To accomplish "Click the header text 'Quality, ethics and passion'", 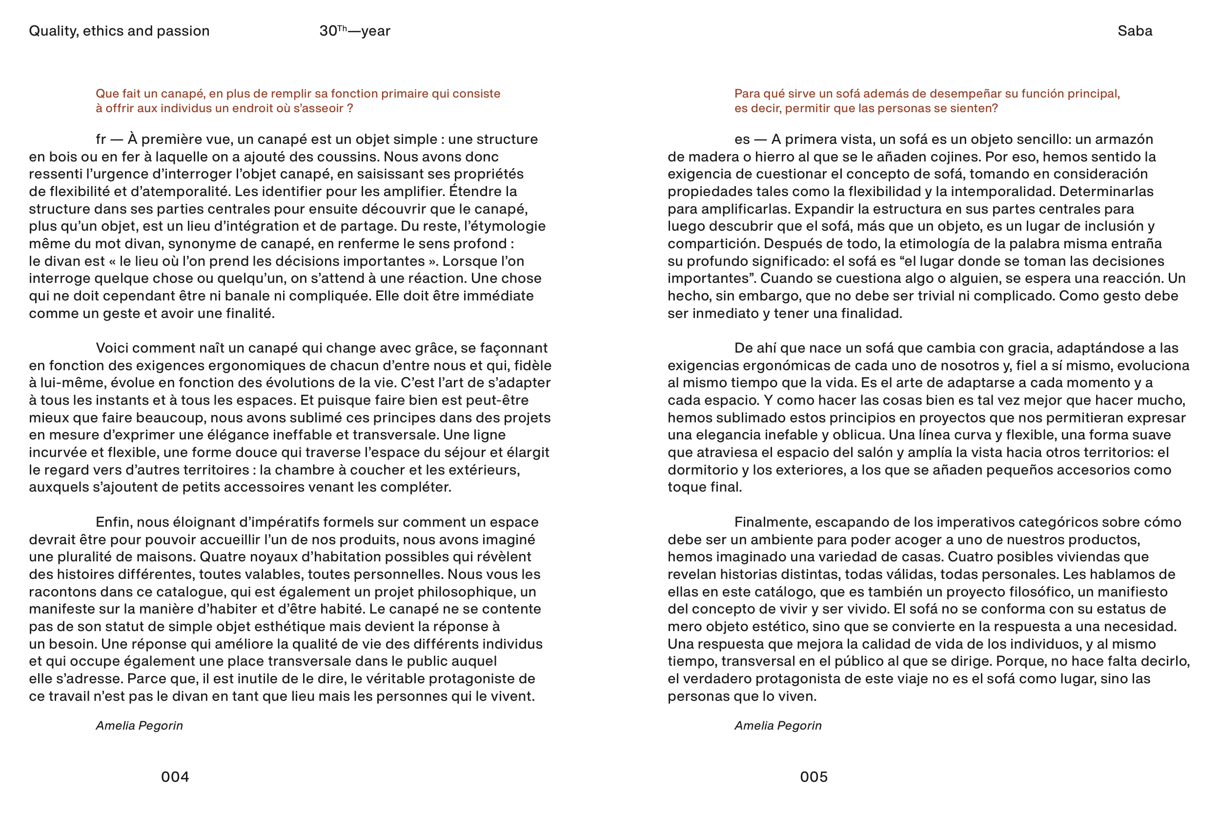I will pyautogui.click(x=119, y=31).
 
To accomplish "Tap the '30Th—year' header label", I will pyautogui.click(x=355, y=31).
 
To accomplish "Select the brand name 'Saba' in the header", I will pyautogui.click(x=1135, y=31).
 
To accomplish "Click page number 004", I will pyautogui.click(x=175, y=777).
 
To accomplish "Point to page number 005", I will pyautogui.click(x=813, y=777).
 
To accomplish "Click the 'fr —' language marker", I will pyautogui.click(x=109, y=139).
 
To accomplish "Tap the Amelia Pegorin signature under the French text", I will pyautogui.click(x=139, y=725).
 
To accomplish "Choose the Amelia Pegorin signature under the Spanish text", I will pyautogui.click(x=777, y=725).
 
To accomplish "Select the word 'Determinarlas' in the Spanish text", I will pyautogui.click(x=1106, y=191).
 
